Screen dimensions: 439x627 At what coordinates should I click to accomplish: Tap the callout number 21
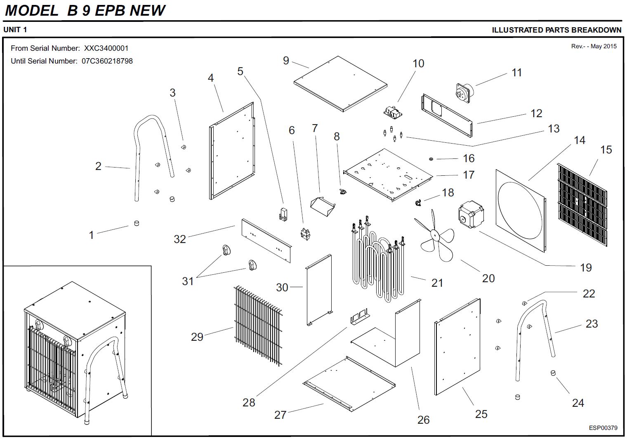(x=437, y=283)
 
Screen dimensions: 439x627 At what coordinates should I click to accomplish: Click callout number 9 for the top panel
(x=286, y=61)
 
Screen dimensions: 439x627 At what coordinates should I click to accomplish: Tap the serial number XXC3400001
(x=106, y=48)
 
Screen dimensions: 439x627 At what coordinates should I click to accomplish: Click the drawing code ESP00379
(x=603, y=428)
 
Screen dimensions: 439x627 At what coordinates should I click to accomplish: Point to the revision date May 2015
(x=603, y=46)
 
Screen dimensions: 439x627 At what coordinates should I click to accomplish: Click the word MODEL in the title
(x=32, y=10)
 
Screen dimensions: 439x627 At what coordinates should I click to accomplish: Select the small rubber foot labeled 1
(x=137, y=223)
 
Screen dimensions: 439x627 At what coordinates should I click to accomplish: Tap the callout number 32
(x=180, y=239)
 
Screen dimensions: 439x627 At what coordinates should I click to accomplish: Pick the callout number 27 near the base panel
(x=280, y=415)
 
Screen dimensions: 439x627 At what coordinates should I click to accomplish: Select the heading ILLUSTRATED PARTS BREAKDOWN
(x=556, y=30)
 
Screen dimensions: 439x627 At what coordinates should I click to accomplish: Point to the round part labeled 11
(x=465, y=92)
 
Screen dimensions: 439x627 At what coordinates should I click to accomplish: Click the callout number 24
(x=578, y=403)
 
